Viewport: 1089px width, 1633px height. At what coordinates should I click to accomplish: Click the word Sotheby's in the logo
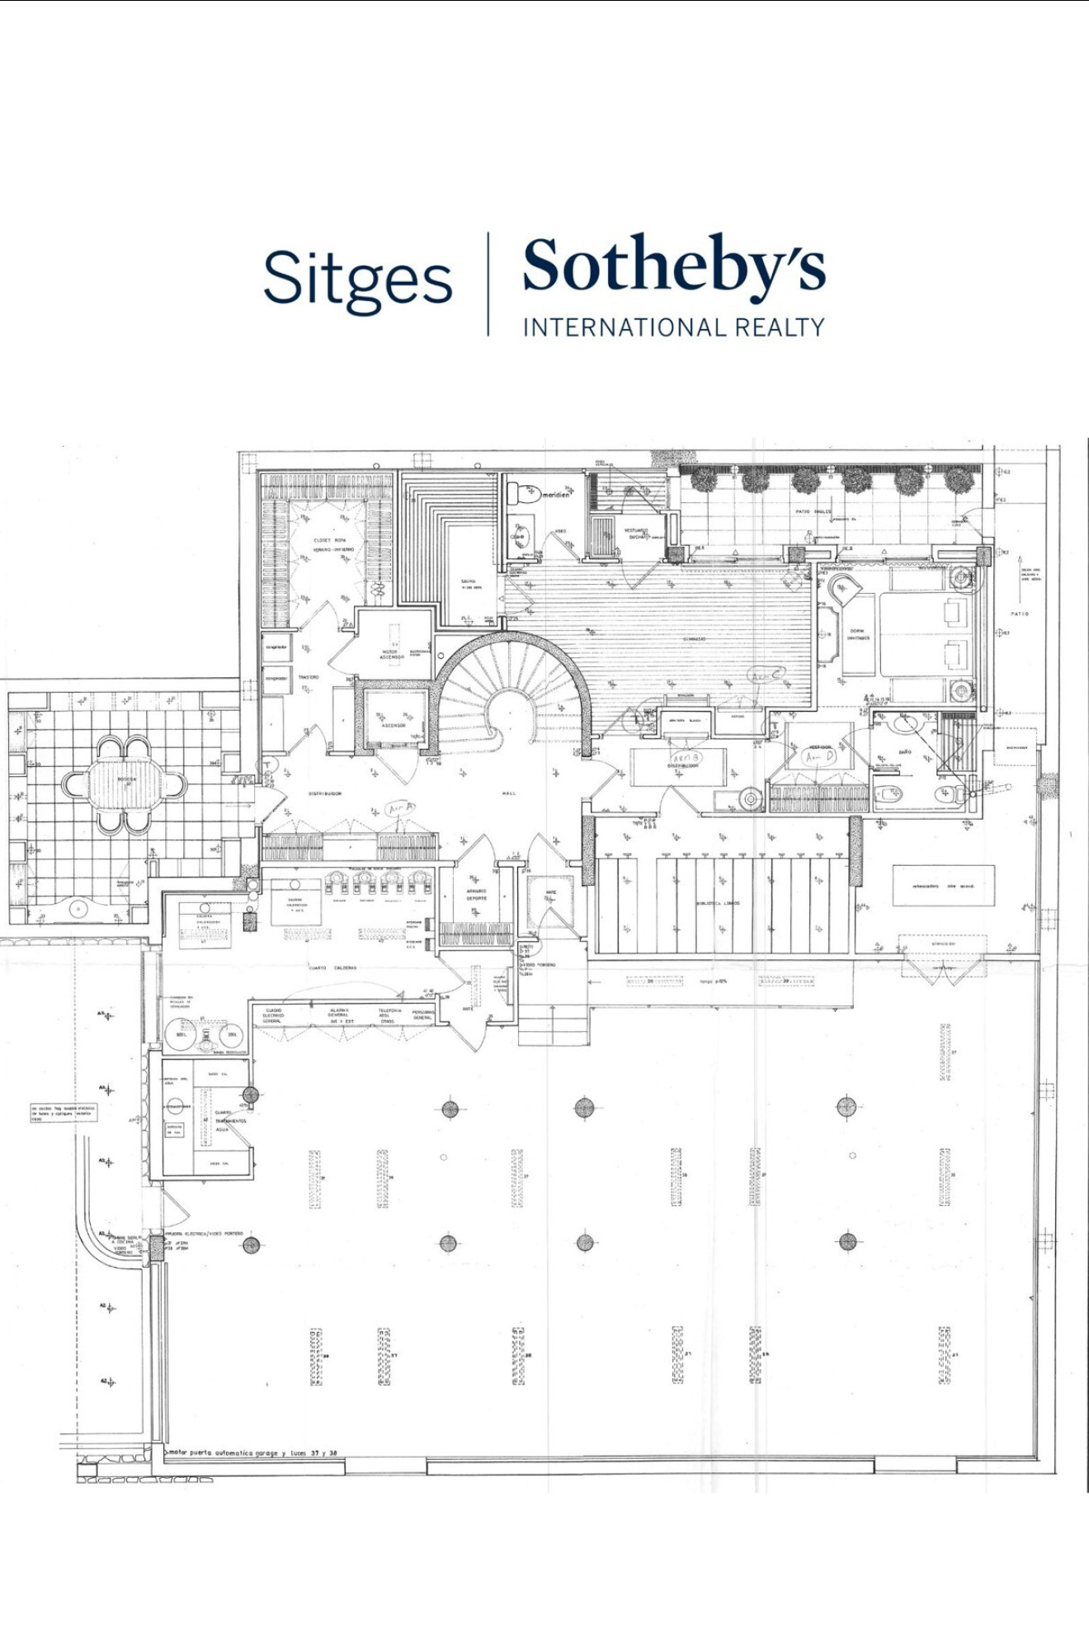tap(673, 266)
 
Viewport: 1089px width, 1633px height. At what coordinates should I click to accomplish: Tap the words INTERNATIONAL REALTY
tap(673, 327)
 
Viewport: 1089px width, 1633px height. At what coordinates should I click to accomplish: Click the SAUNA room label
tap(469, 583)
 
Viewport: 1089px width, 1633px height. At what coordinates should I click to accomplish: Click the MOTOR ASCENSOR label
tap(391, 654)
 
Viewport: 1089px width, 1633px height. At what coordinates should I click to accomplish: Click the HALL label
tap(509, 793)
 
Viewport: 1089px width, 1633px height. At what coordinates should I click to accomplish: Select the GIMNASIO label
tap(693, 639)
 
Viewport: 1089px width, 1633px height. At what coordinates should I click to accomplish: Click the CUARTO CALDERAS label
tap(333, 967)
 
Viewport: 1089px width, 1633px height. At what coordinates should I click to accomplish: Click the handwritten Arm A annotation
tap(401, 809)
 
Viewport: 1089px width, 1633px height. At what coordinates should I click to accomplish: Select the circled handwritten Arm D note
tap(818, 755)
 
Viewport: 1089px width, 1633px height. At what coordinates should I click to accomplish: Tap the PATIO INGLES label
tap(814, 511)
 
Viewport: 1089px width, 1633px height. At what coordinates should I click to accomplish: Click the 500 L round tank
tap(180, 1033)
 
